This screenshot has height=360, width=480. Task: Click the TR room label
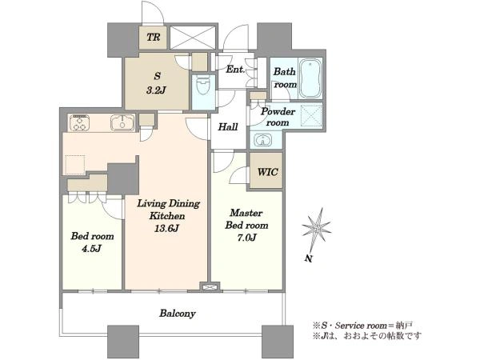[153, 38]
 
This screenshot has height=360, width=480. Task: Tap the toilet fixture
[202, 86]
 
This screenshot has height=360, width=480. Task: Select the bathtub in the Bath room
[310, 78]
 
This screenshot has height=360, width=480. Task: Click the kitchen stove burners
[79, 122]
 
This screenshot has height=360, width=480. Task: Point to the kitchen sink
[122, 122]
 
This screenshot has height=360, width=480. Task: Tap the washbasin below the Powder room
[262, 141]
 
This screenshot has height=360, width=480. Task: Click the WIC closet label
[267, 172]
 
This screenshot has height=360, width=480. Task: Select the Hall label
[228, 126]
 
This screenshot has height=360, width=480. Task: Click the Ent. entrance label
[235, 70]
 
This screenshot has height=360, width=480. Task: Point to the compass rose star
[317, 227]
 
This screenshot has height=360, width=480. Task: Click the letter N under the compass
[309, 259]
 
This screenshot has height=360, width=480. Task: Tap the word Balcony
[178, 314]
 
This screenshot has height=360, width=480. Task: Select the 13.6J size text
[167, 228]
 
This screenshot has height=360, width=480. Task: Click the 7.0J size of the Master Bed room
[246, 238]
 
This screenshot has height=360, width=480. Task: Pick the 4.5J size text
[91, 248]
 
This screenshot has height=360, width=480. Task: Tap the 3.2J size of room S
[156, 90]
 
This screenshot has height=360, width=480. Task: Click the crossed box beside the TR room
[193, 38]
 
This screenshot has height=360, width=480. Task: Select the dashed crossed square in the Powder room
[311, 116]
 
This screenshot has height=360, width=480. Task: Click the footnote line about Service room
[363, 325]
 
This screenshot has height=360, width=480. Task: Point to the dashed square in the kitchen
[75, 165]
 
